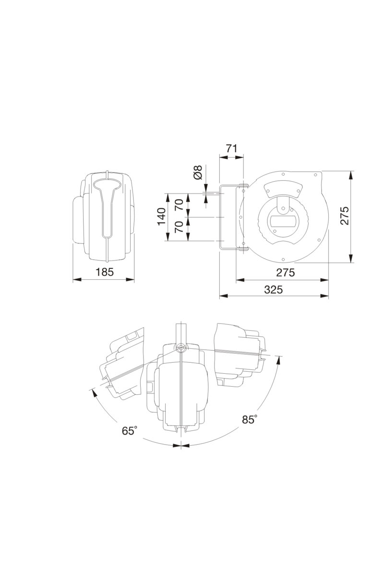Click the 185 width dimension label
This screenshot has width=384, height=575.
click(x=105, y=272)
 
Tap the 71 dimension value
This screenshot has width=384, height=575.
click(x=231, y=149)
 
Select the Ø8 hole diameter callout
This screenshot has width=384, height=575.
click(x=198, y=172)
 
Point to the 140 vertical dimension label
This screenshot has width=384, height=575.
click(x=162, y=217)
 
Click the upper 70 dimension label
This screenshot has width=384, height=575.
click(x=179, y=205)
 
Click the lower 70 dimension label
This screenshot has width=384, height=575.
click(x=179, y=227)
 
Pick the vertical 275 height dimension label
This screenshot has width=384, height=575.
click(x=344, y=215)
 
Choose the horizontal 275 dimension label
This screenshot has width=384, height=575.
click(x=286, y=272)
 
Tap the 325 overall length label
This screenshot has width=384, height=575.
click(x=274, y=289)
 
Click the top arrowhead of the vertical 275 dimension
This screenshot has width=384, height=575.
click(x=350, y=175)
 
